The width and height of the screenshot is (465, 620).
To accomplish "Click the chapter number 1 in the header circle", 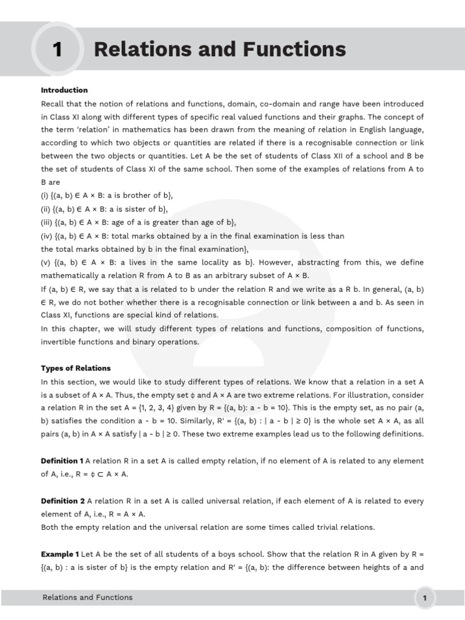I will (x=58, y=50).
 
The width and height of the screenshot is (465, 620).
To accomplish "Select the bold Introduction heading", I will (x=64, y=90).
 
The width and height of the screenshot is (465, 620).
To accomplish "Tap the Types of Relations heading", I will (x=76, y=368).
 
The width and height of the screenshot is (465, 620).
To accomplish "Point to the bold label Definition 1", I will (x=62, y=461).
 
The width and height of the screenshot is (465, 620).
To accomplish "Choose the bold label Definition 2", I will (x=62, y=501).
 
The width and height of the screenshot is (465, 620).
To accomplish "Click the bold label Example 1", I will (x=60, y=554).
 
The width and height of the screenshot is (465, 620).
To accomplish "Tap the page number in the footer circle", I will (x=425, y=599).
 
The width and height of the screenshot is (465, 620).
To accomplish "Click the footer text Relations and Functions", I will (x=87, y=598).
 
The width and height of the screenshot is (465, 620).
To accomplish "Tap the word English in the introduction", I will (x=349, y=130).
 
